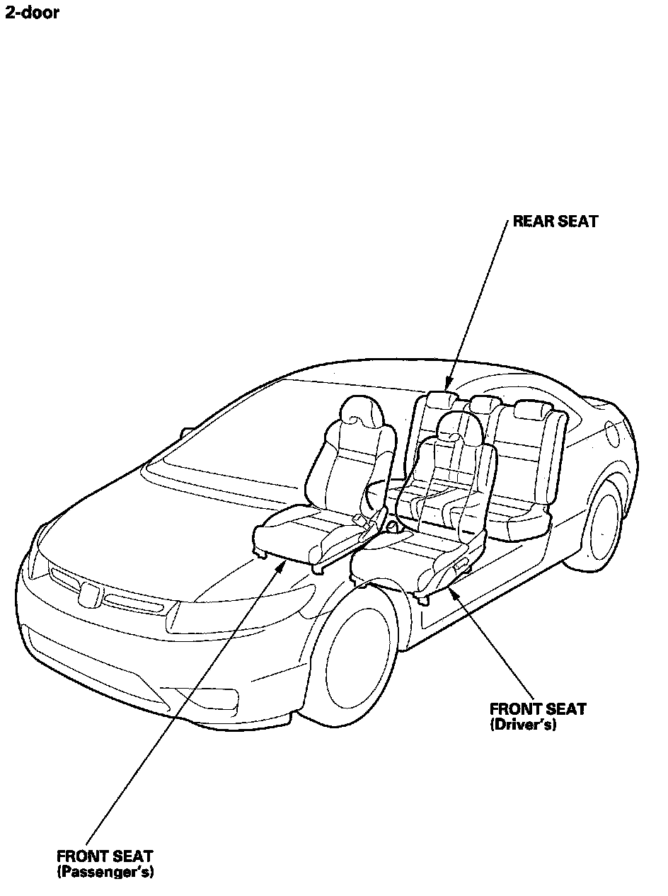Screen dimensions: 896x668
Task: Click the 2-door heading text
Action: tap(32, 13)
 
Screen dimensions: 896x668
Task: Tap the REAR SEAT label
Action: tap(555, 222)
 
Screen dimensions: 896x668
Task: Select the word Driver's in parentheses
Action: tap(522, 724)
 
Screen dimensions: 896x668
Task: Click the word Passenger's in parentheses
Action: tap(105, 871)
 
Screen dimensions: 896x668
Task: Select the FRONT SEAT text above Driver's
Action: tap(538, 709)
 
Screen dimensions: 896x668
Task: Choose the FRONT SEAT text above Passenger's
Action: tap(105, 856)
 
